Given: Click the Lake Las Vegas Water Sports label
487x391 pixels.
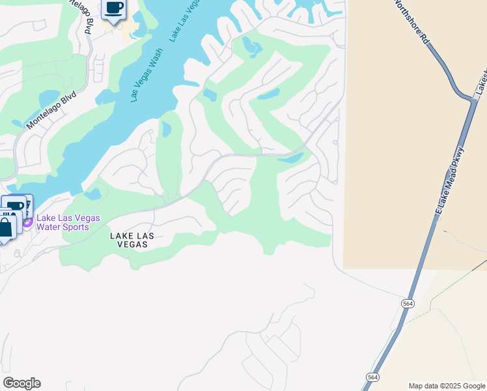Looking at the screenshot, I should tap(68, 222).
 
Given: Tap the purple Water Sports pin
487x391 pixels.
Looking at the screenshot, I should tap(27, 222).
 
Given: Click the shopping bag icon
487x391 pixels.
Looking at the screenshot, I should tap(5, 228).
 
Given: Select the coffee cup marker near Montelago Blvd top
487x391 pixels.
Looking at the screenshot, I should tap(114, 8).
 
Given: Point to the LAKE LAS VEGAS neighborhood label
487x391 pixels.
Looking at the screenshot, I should tap(128, 240).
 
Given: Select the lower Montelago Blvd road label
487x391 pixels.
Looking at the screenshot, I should tap(52, 109).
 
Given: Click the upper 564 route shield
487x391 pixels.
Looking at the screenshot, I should tap(408, 304).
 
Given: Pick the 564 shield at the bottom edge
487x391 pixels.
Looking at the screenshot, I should tap(372, 377).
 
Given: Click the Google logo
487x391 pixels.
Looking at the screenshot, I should tap(21, 383).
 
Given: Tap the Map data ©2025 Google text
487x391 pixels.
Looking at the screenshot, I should tap(446, 386).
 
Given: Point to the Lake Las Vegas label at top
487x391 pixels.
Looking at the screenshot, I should tap(185, 20).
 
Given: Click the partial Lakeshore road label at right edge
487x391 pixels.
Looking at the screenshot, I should tap(481, 81).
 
